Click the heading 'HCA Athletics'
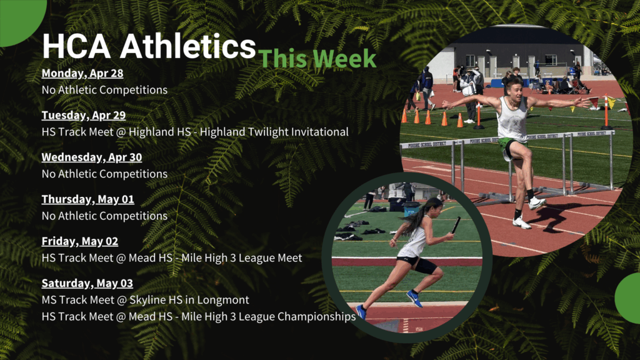pyautogui.click(x=149, y=46)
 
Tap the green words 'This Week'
pyautogui.click(x=317, y=58)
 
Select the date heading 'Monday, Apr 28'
pyautogui.click(x=82, y=73)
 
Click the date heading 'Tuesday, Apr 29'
pyautogui.click(x=84, y=115)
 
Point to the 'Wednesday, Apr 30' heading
pyautogui.click(x=92, y=157)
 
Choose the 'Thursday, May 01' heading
pyautogui.click(x=87, y=199)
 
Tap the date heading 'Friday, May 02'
pyautogui.click(x=80, y=241)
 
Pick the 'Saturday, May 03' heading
pyautogui.click(x=87, y=283)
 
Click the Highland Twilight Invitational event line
pyautogui.click(x=195, y=132)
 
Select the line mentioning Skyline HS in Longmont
pyautogui.click(x=145, y=300)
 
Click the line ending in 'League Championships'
pyautogui.click(x=199, y=317)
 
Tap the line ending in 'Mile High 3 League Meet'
pyautogui.click(x=172, y=258)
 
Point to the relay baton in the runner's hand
pyautogui.click(x=456, y=225)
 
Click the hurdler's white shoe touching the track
pyautogui.click(x=522, y=223)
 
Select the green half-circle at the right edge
pyautogui.click(x=627, y=298)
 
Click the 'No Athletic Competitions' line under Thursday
pyautogui.click(x=104, y=216)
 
